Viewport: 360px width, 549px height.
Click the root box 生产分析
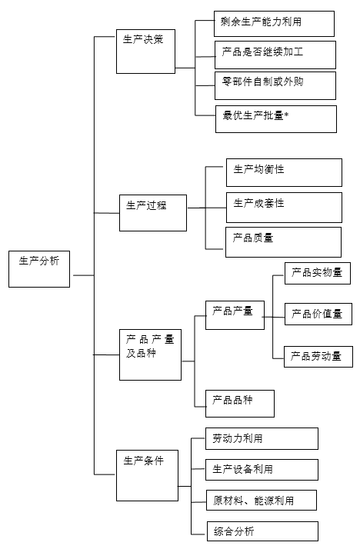click(39, 269)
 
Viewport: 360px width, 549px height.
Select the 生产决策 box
click(145, 52)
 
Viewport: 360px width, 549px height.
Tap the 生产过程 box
click(153, 213)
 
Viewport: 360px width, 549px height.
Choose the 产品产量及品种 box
click(150, 354)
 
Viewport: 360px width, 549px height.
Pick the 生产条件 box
click(147, 475)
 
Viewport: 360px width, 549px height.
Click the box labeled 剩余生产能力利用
click(274, 24)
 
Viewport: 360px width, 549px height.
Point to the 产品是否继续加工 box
click(275, 55)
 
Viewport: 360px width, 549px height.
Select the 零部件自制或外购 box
click(275, 86)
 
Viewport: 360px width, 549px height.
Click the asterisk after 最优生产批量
click(286, 115)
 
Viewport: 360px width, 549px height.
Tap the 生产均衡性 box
click(284, 172)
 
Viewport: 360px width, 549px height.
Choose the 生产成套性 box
click(284, 208)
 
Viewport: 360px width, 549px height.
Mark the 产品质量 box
click(283, 242)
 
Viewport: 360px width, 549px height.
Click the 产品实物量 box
click(318, 273)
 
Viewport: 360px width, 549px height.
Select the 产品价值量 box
click(318, 314)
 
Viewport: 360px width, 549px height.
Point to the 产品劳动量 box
click(318, 357)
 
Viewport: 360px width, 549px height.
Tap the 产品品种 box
click(240, 404)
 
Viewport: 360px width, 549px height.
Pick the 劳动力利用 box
click(262, 438)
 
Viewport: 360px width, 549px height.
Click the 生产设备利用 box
click(262, 470)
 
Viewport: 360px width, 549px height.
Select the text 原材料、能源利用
click(254, 501)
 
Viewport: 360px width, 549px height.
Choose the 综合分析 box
click(262, 531)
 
